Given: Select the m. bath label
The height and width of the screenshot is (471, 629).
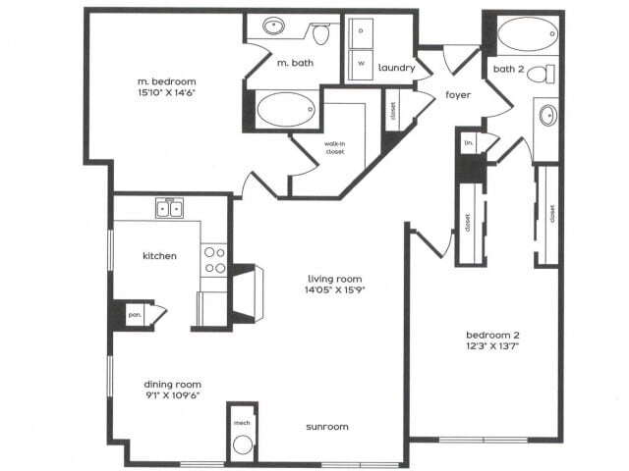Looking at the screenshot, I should (x=294, y=63).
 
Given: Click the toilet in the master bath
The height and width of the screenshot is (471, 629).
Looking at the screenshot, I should (x=320, y=33).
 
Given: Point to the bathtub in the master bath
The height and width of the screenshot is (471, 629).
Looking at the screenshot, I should (x=286, y=109).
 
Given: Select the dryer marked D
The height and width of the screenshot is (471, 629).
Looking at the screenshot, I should (x=361, y=31).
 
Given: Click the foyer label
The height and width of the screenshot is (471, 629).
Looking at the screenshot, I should (x=458, y=95).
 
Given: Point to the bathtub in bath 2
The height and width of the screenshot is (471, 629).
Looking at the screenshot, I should (x=528, y=34).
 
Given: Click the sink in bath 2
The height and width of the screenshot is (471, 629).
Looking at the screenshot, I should (x=546, y=116).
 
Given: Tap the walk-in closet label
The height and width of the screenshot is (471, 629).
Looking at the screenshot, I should (x=335, y=147).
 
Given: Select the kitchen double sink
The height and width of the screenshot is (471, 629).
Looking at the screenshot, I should (x=168, y=208).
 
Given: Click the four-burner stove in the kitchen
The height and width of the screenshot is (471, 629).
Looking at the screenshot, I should (x=214, y=259).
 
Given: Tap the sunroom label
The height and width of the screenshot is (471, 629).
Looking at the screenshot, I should (x=326, y=427).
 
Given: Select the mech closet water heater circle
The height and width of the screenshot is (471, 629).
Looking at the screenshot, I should (x=242, y=445).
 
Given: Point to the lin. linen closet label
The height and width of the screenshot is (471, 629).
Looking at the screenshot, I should (x=469, y=143).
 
